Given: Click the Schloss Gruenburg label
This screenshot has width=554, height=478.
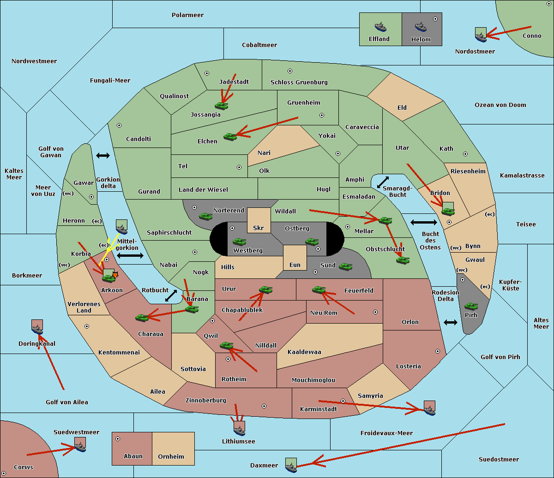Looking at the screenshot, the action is pyautogui.click(x=299, y=82).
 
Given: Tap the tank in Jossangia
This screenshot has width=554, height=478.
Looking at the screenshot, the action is pyautogui.click(x=222, y=106).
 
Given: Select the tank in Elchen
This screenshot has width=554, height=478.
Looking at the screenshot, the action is pyautogui.click(x=230, y=137).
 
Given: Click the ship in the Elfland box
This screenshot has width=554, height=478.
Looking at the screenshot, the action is pyautogui.click(x=380, y=27).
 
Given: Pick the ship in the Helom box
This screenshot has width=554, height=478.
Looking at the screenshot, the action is pyautogui.click(x=421, y=27).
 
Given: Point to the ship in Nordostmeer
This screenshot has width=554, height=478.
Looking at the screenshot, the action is pyautogui.click(x=481, y=37).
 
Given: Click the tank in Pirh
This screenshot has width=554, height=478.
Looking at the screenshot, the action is pyautogui.click(x=471, y=306).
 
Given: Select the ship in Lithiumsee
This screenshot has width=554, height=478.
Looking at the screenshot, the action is pyautogui.click(x=239, y=431).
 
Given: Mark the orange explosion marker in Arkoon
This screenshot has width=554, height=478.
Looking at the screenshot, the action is pyautogui.click(x=115, y=275).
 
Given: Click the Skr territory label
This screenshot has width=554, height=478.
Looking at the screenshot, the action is pyautogui.click(x=259, y=228).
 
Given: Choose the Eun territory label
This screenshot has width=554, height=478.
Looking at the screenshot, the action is pyautogui.click(x=295, y=265).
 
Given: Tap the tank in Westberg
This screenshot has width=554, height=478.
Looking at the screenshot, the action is pyautogui.click(x=239, y=242).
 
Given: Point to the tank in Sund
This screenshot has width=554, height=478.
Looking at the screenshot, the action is pyautogui.click(x=345, y=266).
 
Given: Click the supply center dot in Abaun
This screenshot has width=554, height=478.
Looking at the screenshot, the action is pyautogui.click(x=118, y=439).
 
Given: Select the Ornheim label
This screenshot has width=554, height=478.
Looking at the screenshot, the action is pyautogui.click(x=171, y=456).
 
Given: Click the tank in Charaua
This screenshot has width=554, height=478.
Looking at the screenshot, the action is pyautogui.click(x=142, y=318).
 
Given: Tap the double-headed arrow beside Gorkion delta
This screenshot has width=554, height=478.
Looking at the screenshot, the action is pyautogui.click(x=103, y=155).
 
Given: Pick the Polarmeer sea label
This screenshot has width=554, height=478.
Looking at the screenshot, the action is pyautogui.click(x=187, y=15).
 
